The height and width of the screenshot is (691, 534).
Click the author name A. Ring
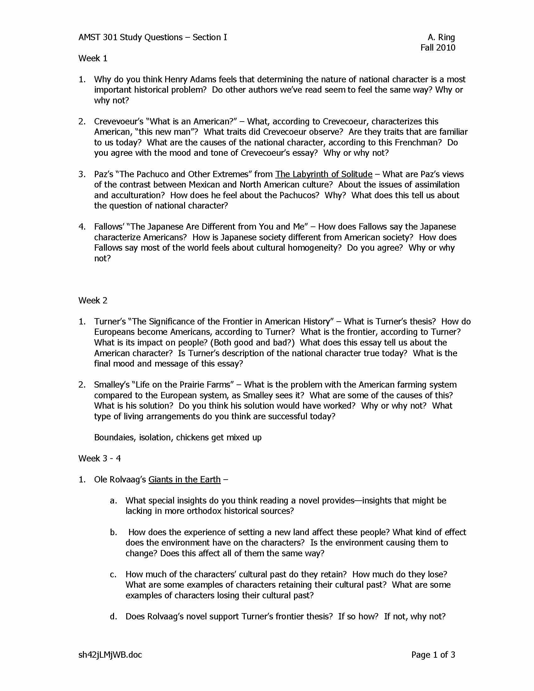(441, 37)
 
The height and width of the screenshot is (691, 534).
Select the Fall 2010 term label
(438, 48)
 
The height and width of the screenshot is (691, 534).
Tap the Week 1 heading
(93, 58)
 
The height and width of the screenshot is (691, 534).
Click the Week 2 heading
(93, 300)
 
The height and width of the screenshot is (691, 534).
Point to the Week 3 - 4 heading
(99, 459)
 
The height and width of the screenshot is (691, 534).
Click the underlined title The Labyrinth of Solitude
(324, 174)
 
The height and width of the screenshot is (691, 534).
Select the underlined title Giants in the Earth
(184, 480)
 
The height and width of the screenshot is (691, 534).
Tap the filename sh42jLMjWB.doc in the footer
(110, 655)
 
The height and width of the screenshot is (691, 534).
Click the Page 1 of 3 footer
(433, 655)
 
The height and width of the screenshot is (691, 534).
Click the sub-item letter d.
(113, 617)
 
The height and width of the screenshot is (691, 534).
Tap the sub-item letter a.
(113, 501)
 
